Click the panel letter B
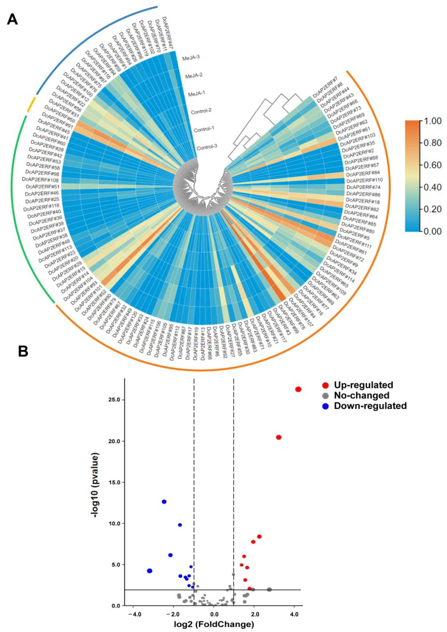click(23, 351)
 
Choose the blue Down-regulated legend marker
click(326, 406)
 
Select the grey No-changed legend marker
click(326, 395)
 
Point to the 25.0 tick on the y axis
click(115, 400)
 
